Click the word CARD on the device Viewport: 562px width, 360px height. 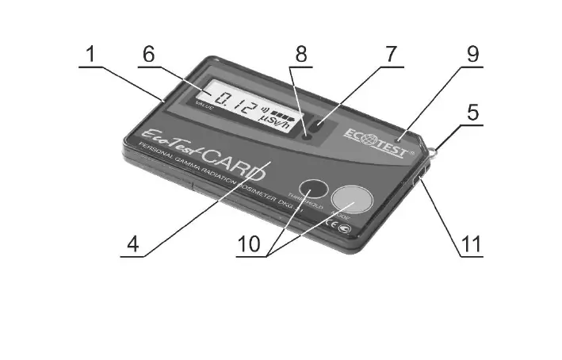[234, 160]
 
